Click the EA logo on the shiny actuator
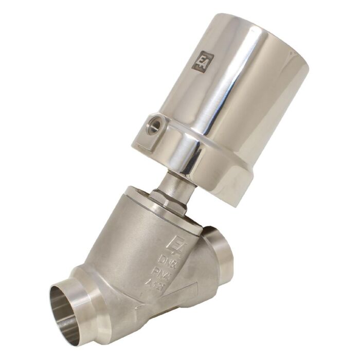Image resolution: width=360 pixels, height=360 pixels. coord(203,60)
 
